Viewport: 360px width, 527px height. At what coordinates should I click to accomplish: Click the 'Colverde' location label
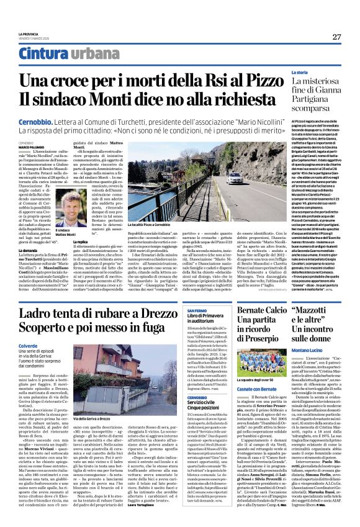tap(29, 347)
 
